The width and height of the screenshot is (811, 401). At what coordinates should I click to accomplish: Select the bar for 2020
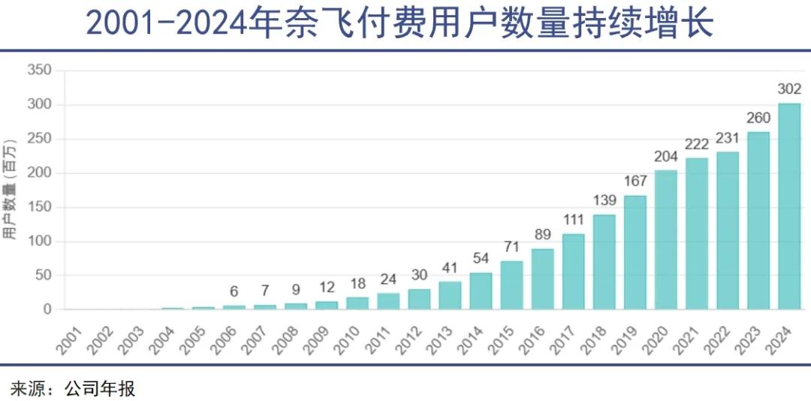(x=666, y=240)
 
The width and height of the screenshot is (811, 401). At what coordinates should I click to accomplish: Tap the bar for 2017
(x=574, y=271)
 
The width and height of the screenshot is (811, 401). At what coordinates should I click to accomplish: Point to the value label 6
(x=234, y=292)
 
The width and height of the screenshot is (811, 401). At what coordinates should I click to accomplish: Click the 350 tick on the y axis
(x=39, y=71)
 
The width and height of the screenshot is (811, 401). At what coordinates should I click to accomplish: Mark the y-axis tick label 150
(x=39, y=207)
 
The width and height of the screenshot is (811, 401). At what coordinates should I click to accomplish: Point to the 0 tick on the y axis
(x=47, y=309)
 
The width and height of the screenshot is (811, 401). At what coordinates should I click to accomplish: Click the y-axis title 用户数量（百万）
(x=11, y=189)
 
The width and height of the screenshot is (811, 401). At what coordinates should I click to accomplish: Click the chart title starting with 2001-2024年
(x=399, y=23)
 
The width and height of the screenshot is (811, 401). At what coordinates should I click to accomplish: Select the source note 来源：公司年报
(x=72, y=387)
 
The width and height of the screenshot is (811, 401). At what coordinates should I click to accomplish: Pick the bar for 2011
(x=389, y=301)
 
